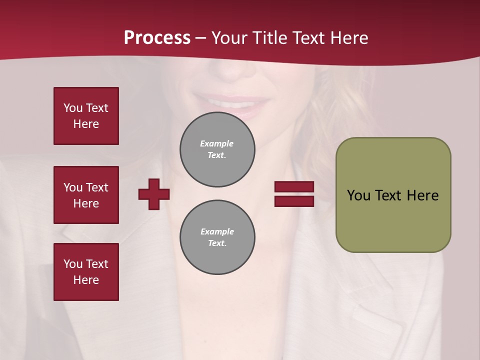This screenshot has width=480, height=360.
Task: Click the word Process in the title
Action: tap(157, 38)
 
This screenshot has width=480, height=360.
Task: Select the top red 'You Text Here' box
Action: tap(86, 116)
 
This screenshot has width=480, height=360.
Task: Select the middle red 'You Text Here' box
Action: tap(86, 195)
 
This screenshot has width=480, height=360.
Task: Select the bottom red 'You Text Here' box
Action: tap(86, 272)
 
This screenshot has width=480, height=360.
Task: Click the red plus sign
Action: tap(154, 194)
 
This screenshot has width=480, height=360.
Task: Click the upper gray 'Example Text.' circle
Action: tap(217, 149)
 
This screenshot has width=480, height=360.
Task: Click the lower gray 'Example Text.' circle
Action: tap(217, 237)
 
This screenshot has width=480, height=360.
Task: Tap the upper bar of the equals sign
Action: tap(294, 187)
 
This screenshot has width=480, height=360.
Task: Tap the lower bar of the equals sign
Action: tap(294, 201)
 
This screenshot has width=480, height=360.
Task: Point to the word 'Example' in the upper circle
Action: tap(217, 143)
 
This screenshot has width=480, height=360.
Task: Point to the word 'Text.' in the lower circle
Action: tap(217, 243)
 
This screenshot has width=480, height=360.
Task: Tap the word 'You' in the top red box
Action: tap(73, 108)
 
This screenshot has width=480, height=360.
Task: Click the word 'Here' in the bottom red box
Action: tap(86, 280)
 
